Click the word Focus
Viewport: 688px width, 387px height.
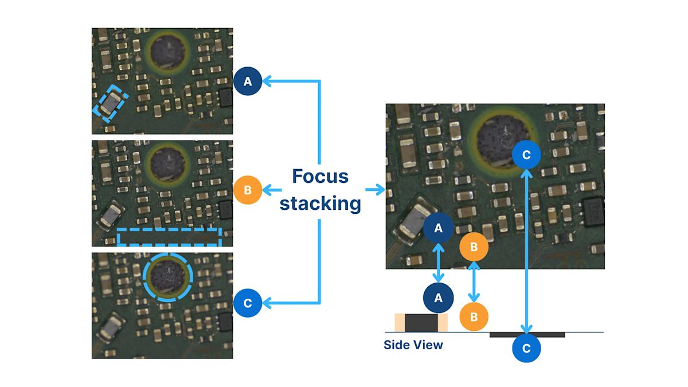tap(320, 176)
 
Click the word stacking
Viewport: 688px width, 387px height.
tap(320, 203)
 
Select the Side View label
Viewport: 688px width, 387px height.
tap(413, 345)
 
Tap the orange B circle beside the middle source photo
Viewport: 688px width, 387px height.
tap(248, 190)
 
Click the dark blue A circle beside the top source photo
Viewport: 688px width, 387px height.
tap(248, 82)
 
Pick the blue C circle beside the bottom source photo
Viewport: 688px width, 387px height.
tap(248, 303)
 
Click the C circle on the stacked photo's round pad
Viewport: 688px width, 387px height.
tap(527, 155)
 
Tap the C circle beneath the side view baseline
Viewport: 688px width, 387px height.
tap(527, 348)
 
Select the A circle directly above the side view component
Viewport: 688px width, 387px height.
tap(439, 298)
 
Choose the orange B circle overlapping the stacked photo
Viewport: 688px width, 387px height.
tap(474, 247)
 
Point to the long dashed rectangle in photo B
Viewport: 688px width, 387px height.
tap(169, 237)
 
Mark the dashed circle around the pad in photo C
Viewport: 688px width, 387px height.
tap(168, 276)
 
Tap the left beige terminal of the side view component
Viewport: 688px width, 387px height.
tap(400, 322)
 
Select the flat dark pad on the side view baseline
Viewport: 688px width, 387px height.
tap(527, 334)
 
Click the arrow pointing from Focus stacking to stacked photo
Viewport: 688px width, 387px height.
tap(374, 190)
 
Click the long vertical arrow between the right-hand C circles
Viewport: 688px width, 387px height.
tap(527, 247)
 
